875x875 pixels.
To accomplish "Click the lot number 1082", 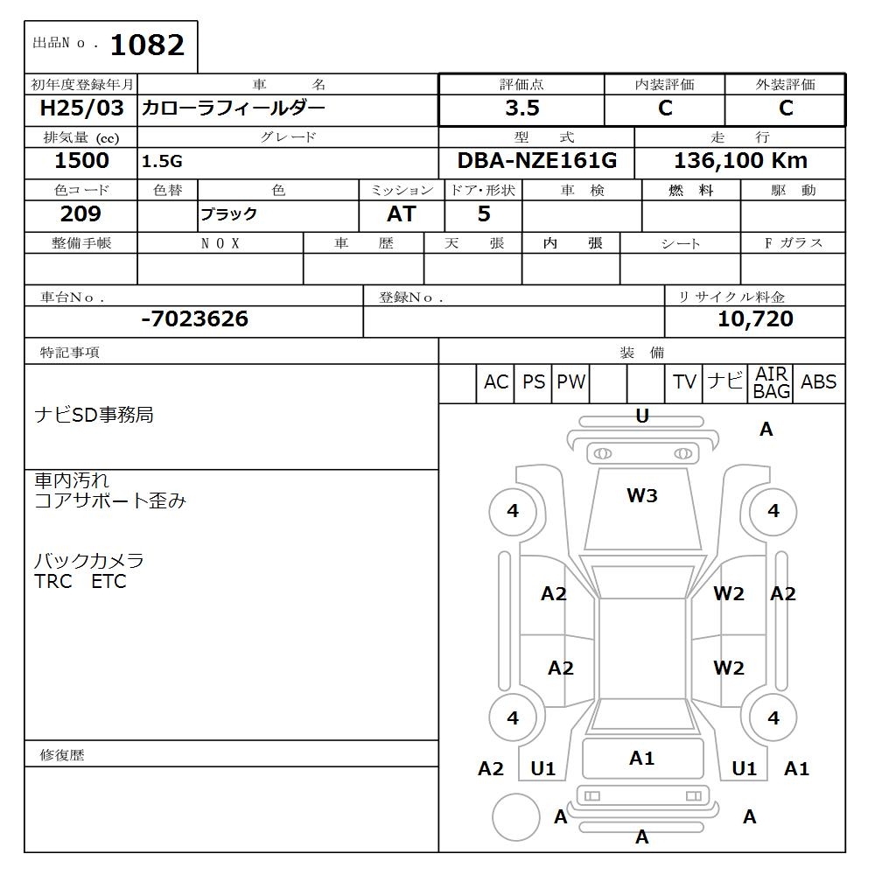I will coord(147,45).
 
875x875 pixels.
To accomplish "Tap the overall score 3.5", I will coord(522,108).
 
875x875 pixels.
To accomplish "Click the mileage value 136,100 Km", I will coord(740,161).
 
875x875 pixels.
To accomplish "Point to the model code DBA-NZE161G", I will coord(537,161).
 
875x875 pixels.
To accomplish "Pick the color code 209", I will coord(80,214).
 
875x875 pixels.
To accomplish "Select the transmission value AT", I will coord(401,214).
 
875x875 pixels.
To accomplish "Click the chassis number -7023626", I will coord(194,319).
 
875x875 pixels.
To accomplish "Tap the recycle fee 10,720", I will coord(755,319).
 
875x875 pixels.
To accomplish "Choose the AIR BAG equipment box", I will coord(771,383).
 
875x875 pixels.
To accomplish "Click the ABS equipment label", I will coord(818,382).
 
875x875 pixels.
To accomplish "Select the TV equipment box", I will coord(684,382).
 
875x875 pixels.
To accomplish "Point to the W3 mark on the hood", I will coord(641,496).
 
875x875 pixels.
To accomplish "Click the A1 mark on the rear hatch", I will coord(641,759).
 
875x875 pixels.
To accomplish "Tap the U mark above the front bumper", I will coord(641,416).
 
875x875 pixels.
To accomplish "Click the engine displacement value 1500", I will coord(81,161).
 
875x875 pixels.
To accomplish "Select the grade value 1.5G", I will coord(163,162).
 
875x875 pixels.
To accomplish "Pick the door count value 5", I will coord(483,214).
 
